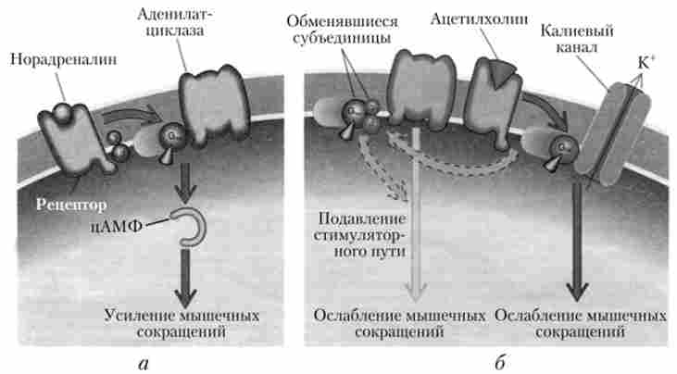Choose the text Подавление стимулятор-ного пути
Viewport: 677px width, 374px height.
(x=361, y=239)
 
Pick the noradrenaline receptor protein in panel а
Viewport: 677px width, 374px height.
(x=69, y=139)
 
